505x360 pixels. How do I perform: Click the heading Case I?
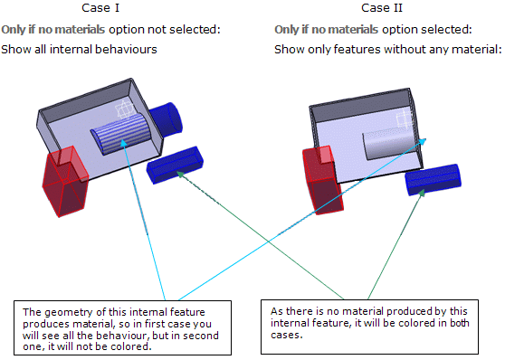tap(100, 8)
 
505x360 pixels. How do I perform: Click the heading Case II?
tap(382, 8)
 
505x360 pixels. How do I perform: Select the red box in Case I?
tap(65, 181)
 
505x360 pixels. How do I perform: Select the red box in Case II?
tap(323, 180)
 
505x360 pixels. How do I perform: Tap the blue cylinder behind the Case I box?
tap(167, 119)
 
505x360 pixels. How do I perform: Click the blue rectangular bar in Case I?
tap(175, 165)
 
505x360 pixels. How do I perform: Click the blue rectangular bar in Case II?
tap(433, 180)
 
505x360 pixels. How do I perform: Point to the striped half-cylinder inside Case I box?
tap(120, 134)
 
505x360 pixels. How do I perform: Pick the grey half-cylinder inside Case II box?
tap(390, 143)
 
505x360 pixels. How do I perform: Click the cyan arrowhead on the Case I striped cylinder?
tap(124, 143)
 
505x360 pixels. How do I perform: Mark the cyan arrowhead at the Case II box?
tap(423, 141)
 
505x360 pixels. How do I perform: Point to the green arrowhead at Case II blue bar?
tap(422, 193)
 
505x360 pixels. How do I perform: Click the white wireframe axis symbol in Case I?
tap(126, 109)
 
